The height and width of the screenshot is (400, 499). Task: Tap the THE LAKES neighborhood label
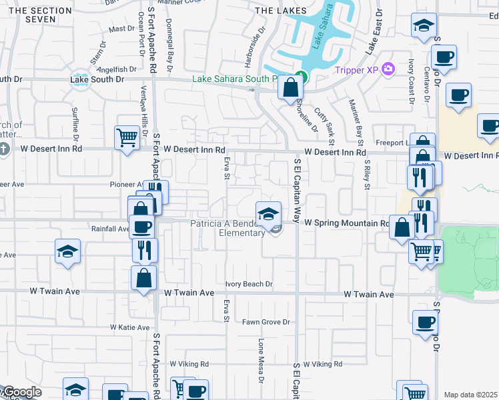coord(282,11)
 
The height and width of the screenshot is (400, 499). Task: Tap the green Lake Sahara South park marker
coord(301,77)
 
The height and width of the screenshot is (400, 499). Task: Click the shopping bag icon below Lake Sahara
coord(291,87)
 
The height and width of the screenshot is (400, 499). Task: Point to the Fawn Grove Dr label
coord(267,322)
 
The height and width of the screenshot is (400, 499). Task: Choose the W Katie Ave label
coord(130,327)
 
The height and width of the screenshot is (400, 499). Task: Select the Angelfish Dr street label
coord(117,69)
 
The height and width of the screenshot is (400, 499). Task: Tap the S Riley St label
coord(366,174)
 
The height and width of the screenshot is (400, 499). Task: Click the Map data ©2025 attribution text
coord(471,395)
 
